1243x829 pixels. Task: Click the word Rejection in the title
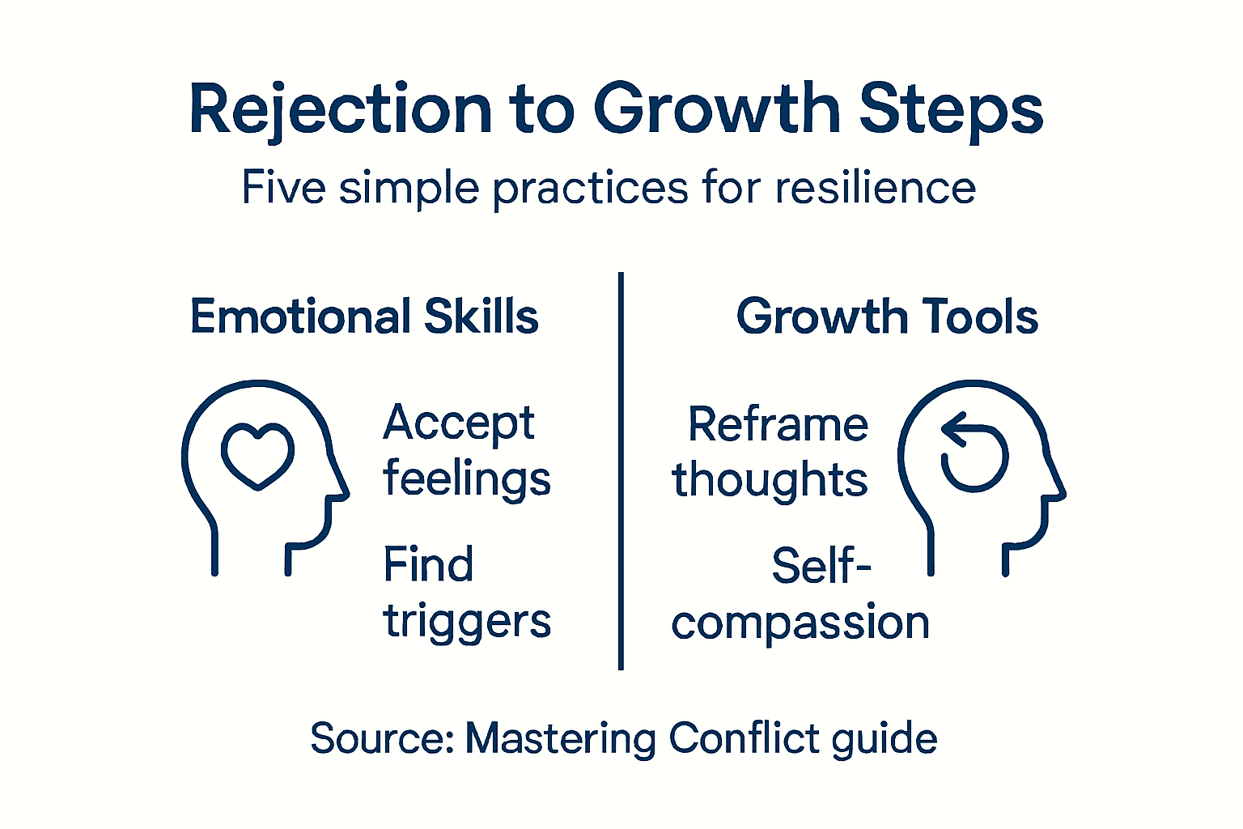(340, 109)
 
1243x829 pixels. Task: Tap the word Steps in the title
(951, 109)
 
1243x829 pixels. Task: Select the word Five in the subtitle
(283, 188)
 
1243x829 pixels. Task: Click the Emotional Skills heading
(364, 316)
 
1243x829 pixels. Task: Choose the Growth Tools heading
(887, 316)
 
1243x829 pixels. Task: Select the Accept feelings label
(466, 451)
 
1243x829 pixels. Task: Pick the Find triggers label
(466, 593)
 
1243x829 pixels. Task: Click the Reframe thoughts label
(770, 453)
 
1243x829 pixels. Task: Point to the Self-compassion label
(801, 594)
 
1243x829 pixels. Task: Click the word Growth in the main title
(717, 109)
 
